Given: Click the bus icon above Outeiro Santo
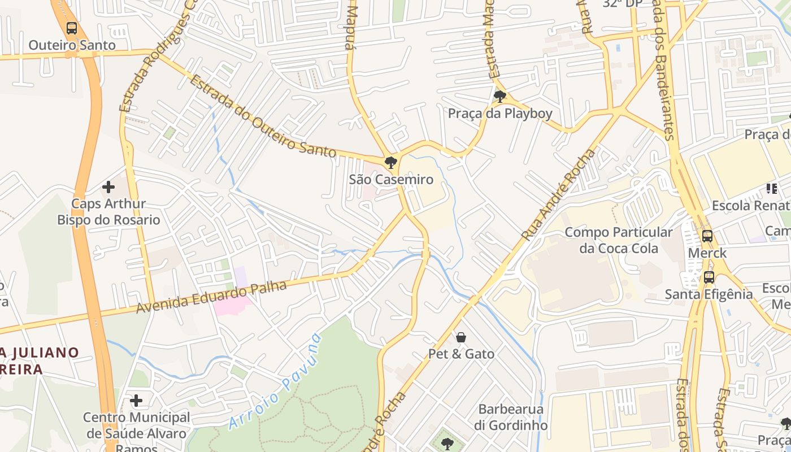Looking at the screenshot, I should pyautogui.click(x=72, y=28).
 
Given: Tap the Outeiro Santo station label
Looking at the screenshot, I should pyautogui.click(x=72, y=45).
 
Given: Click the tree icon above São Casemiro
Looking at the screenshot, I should pyautogui.click(x=390, y=163).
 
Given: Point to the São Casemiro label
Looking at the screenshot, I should pyautogui.click(x=391, y=180).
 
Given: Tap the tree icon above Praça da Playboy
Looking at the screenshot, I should pyautogui.click(x=499, y=97).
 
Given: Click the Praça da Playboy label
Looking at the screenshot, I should pyautogui.click(x=500, y=114).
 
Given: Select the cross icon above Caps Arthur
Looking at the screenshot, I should pyautogui.click(x=108, y=187).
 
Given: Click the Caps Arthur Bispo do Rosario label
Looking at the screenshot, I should pyautogui.click(x=108, y=212).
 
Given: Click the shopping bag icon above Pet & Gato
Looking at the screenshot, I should pyautogui.click(x=461, y=338).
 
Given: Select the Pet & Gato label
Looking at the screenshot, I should pyautogui.click(x=461, y=354).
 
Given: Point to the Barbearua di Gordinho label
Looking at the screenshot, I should pyautogui.click(x=511, y=417).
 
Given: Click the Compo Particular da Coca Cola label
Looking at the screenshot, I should pyautogui.click(x=619, y=240).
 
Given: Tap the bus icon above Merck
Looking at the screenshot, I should pyautogui.click(x=707, y=236).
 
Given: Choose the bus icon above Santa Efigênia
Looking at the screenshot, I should pyautogui.click(x=709, y=277).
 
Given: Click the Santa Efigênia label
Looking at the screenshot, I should pyautogui.click(x=709, y=294).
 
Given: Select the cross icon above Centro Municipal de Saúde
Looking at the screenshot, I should pyautogui.click(x=136, y=401).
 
